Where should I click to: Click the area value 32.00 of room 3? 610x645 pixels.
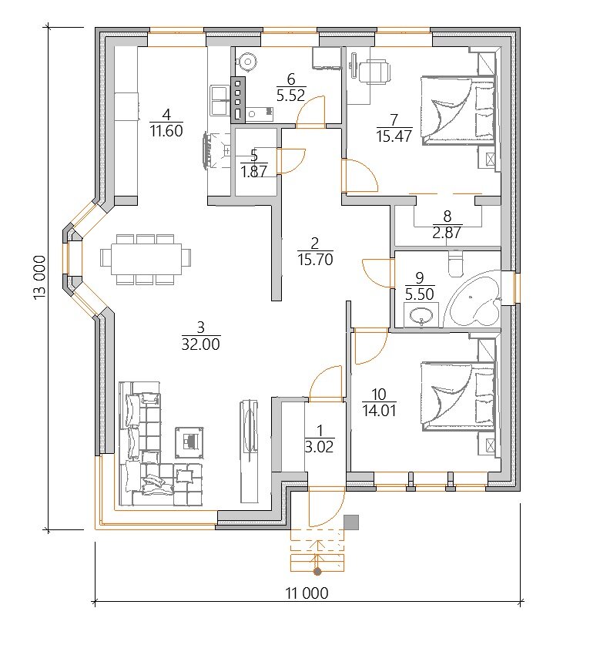[200, 344]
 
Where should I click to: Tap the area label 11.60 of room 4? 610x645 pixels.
[166, 131]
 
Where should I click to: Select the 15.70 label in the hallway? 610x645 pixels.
[315, 260]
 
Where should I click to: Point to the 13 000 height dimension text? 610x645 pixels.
[40, 277]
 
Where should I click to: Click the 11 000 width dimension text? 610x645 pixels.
[307, 593]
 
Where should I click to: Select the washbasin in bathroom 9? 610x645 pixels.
[421, 316]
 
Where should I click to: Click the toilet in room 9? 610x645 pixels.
[455, 264]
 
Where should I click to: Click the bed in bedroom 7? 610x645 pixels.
[458, 110]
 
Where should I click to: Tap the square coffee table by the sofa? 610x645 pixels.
[189, 442]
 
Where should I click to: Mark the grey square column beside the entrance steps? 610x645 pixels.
[351, 522]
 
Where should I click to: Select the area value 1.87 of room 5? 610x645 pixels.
[254, 171]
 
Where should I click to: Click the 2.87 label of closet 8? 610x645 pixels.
[447, 233]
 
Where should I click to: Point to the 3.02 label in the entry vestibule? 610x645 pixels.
[320, 446]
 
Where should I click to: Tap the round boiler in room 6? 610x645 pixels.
[248, 62]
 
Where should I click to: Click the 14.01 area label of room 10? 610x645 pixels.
[379, 411]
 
